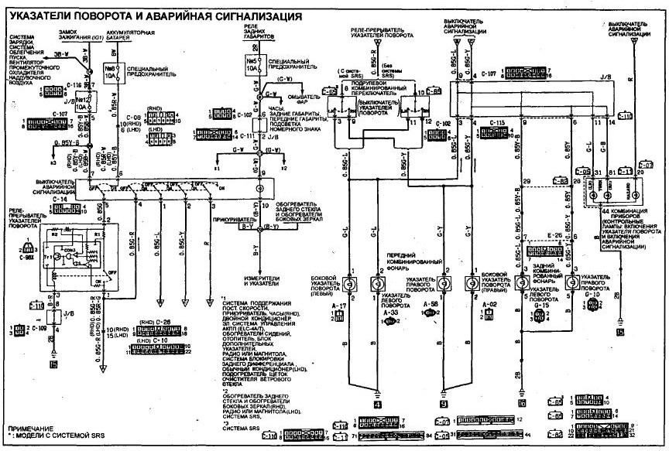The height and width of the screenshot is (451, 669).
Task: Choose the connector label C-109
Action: pyautogui.click(x=40, y=328)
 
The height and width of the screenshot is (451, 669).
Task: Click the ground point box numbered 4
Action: pyautogui.click(x=377, y=402)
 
